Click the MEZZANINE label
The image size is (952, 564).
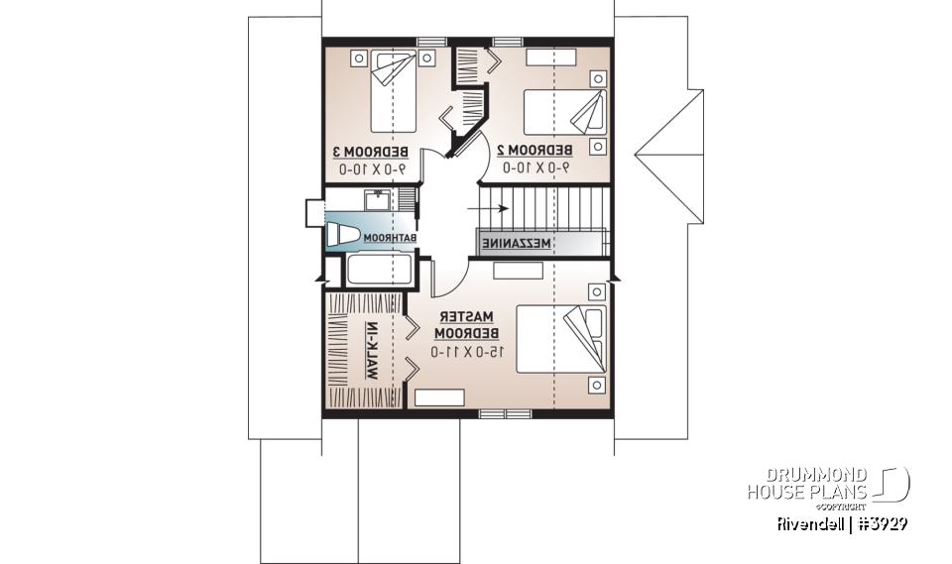[x=517, y=243]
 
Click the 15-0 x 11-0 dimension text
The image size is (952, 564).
[x=468, y=351]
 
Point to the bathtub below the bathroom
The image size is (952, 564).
[x=378, y=269]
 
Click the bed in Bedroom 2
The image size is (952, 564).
[x=562, y=111]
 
